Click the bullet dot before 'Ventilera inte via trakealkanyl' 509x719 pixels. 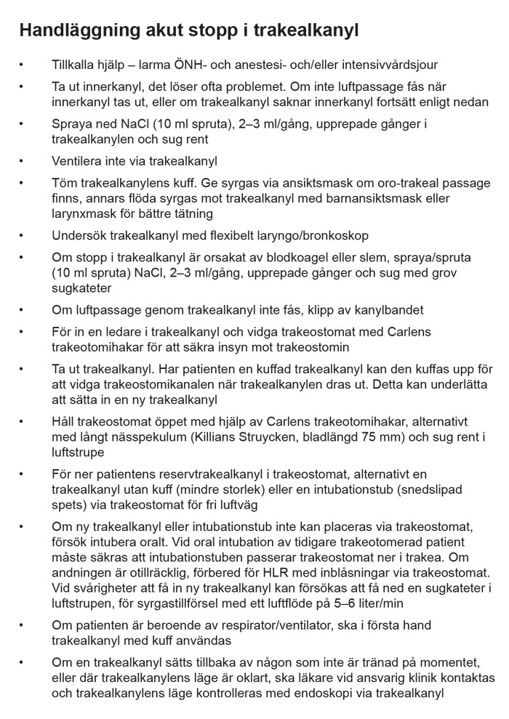pos(22,161)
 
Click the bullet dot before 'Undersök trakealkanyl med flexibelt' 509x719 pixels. pos(22,236)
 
